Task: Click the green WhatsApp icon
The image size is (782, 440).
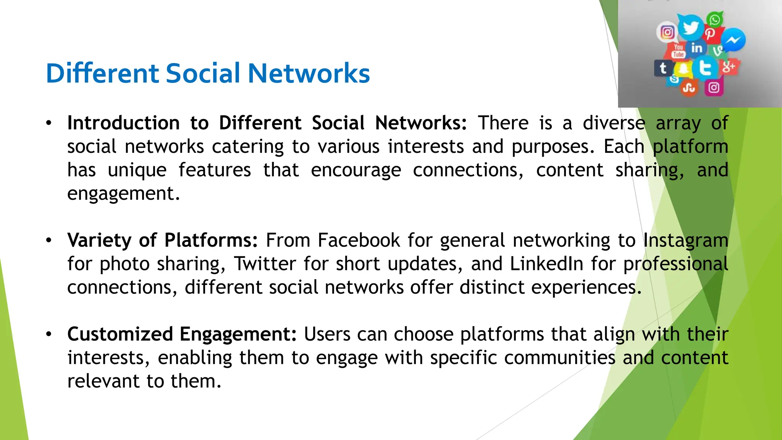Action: click(x=715, y=19)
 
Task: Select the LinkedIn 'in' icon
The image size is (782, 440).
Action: click(x=696, y=48)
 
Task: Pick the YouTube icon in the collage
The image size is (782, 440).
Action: click(x=678, y=51)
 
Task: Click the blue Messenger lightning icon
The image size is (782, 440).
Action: click(x=734, y=40)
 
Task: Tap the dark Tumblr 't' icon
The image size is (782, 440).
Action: click(x=663, y=68)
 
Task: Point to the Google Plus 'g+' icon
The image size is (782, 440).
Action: click(x=729, y=67)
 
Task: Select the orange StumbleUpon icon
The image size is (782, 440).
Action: click(x=689, y=88)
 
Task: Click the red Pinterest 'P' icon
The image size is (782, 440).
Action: click(x=710, y=34)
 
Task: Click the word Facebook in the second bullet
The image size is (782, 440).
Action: click(x=359, y=241)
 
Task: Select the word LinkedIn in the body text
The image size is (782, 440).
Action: click(x=546, y=264)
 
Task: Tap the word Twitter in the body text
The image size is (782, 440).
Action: click(x=265, y=264)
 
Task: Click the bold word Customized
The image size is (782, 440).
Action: click(x=120, y=334)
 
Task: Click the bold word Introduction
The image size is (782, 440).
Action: click(x=123, y=123)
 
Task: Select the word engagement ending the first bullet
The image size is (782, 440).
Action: click(x=123, y=194)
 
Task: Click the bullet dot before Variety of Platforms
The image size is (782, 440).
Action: click(x=48, y=241)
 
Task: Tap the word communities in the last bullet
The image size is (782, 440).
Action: click(x=559, y=358)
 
